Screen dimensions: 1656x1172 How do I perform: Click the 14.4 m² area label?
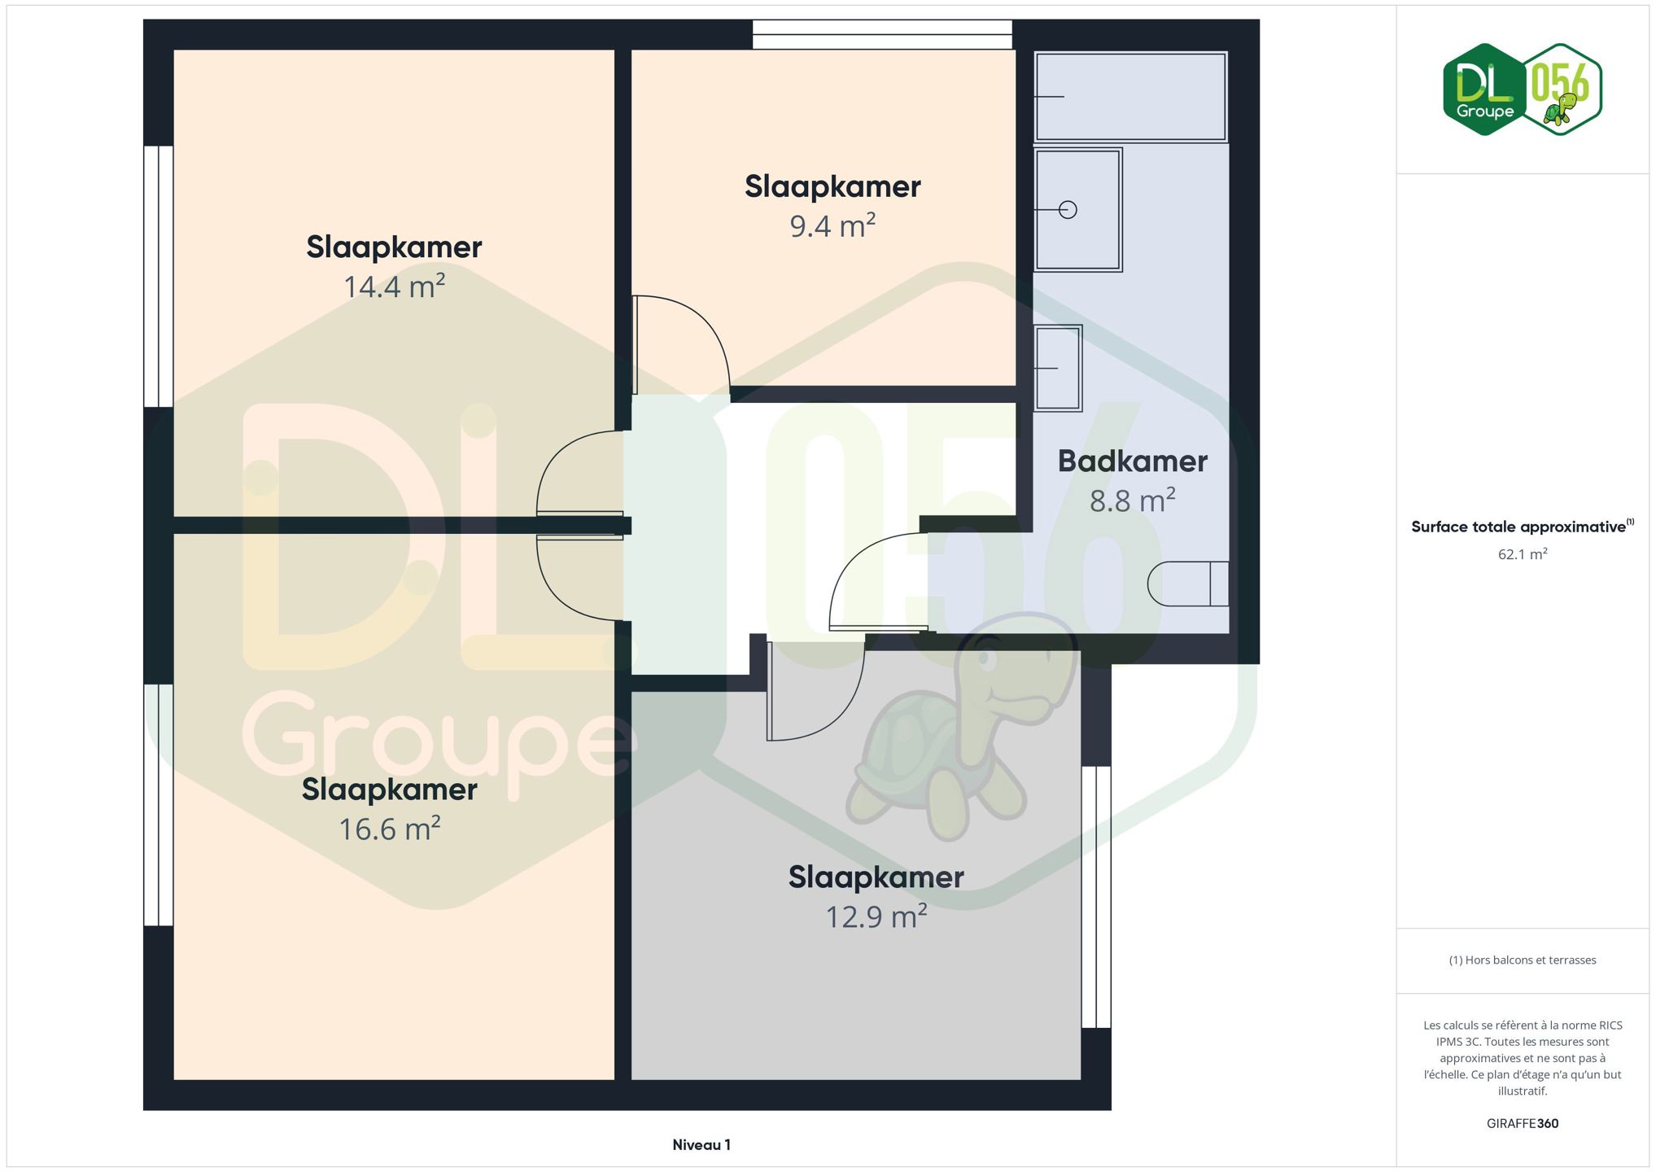click(394, 286)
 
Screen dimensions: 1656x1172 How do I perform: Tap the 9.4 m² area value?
click(832, 225)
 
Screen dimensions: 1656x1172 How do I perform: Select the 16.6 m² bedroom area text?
click(390, 829)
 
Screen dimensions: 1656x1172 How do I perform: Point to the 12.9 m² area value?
click(876, 916)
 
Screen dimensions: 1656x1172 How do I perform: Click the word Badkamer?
click(1132, 461)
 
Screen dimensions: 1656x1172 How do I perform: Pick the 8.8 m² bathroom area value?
click(1132, 501)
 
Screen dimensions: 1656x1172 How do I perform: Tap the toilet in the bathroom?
click(1188, 584)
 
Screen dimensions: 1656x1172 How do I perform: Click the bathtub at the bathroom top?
click(1130, 97)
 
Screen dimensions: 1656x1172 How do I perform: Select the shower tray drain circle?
click(1068, 210)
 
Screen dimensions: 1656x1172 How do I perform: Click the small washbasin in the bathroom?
click(1058, 368)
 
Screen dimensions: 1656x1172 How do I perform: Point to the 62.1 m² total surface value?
click(1523, 554)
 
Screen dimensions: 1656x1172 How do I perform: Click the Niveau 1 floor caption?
click(701, 1145)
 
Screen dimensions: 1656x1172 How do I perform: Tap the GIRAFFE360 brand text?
click(1523, 1124)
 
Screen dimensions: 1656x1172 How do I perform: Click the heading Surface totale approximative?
click(1518, 527)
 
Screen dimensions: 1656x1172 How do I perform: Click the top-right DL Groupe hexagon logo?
click(1485, 90)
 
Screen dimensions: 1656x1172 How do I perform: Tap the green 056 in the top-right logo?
click(1561, 81)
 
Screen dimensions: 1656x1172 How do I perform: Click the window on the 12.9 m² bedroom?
click(1096, 897)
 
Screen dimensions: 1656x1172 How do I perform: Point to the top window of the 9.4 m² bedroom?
click(882, 34)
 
